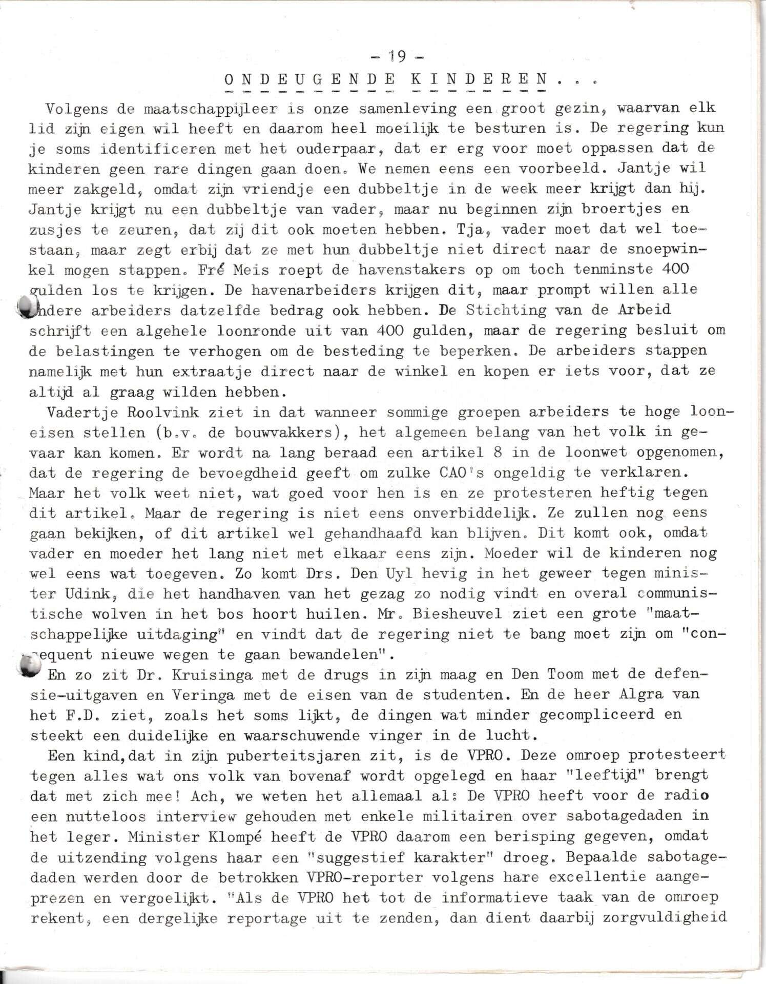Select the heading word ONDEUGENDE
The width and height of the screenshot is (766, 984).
(309, 80)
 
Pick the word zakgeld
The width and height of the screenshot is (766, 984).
(108, 190)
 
